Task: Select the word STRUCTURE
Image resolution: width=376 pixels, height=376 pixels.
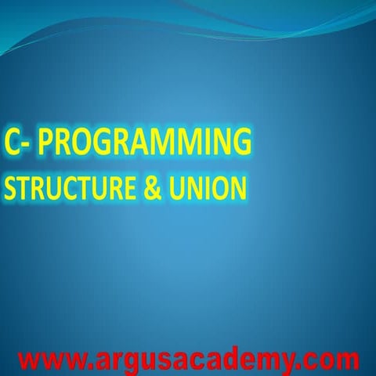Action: (x=65, y=189)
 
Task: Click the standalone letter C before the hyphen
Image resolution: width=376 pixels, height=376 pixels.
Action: (x=12, y=143)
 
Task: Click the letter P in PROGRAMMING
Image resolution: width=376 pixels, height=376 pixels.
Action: (x=46, y=143)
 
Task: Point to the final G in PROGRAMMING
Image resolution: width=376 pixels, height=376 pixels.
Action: (x=242, y=143)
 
